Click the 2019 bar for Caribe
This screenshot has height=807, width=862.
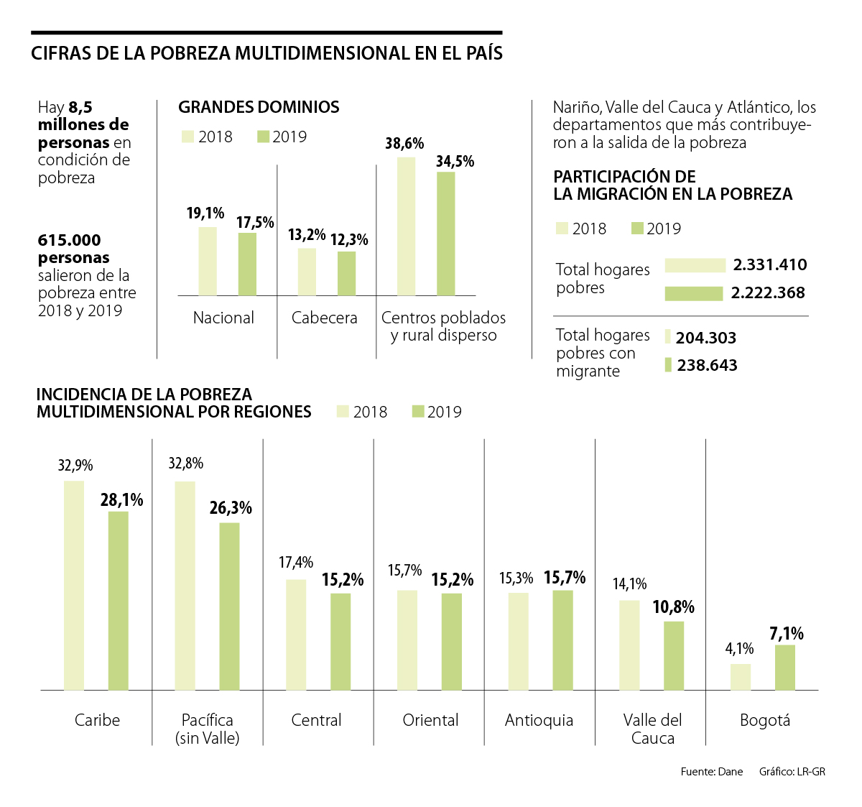coord(119,601)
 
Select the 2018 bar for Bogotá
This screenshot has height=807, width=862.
coord(741,677)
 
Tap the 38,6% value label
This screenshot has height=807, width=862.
coord(404,144)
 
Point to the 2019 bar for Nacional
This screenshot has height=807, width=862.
coord(247,264)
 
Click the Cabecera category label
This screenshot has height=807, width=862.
coord(324,318)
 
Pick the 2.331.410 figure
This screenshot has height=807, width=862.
coord(770,265)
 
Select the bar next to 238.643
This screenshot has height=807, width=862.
coord(668,365)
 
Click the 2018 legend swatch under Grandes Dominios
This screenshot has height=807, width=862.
coord(187,137)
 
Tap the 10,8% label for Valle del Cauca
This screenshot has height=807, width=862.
coord(673,607)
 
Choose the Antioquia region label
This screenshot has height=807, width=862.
coord(539,720)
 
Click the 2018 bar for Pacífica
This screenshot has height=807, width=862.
coord(185,586)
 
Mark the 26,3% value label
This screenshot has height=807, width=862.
coord(231,508)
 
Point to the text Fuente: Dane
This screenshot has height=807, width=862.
coord(711,772)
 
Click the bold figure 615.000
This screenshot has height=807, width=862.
coord(70,241)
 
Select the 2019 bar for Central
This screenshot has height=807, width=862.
coord(340,642)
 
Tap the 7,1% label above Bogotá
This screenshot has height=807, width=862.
coord(787,634)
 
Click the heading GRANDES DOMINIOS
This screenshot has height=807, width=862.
coord(259,107)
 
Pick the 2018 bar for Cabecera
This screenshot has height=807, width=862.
coord(307,272)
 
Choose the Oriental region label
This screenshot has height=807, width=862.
coord(430,720)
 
